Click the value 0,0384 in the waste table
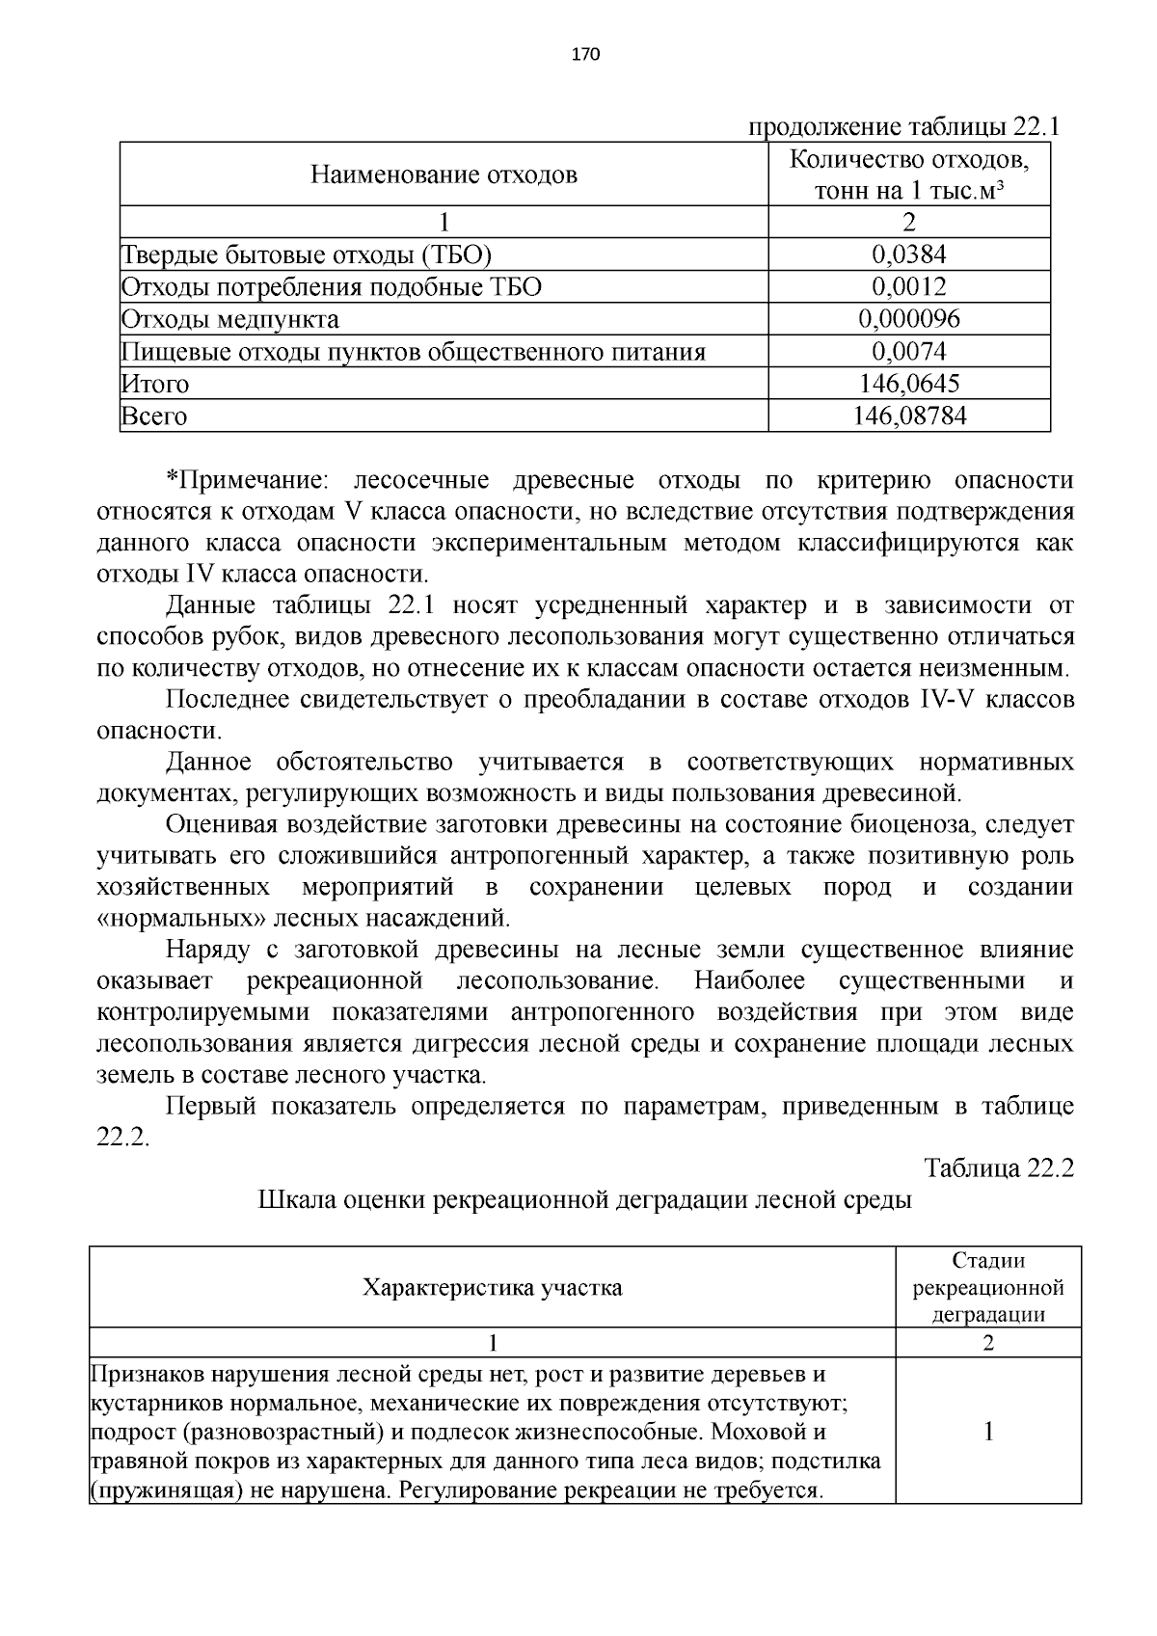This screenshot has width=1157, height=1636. pyautogui.click(x=908, y=255)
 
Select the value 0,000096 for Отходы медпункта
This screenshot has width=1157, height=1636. pyautogui.click(x=908, y=319)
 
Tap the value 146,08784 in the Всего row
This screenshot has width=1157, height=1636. pyautogui.click(x=908, y=416)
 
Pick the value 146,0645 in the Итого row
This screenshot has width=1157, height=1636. pyautogui.click(x=908, y=384)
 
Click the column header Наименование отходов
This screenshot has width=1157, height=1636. pyautogui.click(x=444, y=174)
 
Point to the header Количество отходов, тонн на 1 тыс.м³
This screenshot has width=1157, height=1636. pyautogui.click(x=908, y=174)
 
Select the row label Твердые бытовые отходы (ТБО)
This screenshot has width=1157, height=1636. pyautogui.click(x=307, y=255)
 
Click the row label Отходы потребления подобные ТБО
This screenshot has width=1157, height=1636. pyautogui.click(x=331, y=287)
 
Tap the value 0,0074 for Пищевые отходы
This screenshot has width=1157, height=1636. pyautogui.click(x=908, y=352)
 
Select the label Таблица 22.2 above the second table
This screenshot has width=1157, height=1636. pyautogui.click(x=999, y=1167)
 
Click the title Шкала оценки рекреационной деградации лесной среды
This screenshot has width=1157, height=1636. pyautogui.click(x=584, y=1200)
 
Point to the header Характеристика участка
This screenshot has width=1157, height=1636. pyautogui.click(x=492, y=1288)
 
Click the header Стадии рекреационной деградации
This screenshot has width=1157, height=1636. pyautogui.click(x=987, y=1288)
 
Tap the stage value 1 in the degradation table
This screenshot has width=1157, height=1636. pyautogui.click(x=987, y=1433)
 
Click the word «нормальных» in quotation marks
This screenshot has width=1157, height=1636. pyautogui.click(x=182, y=918)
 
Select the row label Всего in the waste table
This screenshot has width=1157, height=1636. pyautogui.click(x=153, y=416)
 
